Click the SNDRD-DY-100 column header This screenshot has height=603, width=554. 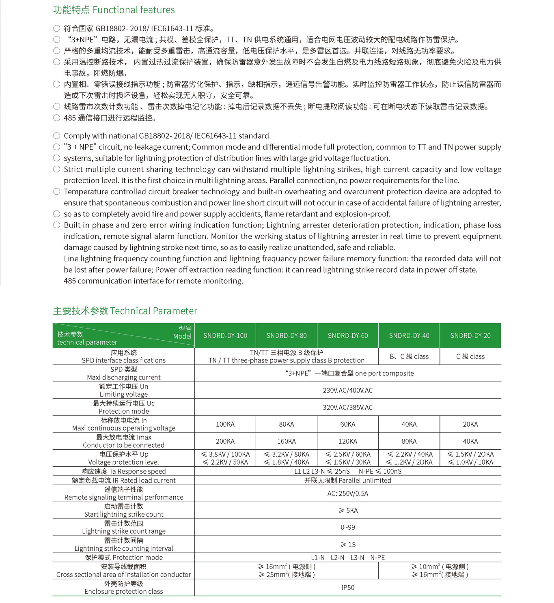point(225,335)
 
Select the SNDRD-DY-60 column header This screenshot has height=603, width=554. point(348,335)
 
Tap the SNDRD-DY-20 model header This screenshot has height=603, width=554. point(470,335)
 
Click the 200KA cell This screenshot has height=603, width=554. point(225,441)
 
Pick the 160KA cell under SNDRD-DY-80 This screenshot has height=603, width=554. point(287,441)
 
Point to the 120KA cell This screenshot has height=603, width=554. point(348,441)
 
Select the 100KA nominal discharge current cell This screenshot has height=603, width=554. point(225,424)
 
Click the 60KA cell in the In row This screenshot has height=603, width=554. point(348,424)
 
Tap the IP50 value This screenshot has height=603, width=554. point(348,587)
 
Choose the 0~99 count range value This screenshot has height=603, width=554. point(348,527)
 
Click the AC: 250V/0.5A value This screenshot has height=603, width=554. point(348,494)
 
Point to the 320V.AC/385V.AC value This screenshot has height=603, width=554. point(348,407)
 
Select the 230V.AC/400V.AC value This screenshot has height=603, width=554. point(348,390)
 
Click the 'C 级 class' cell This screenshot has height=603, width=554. point(470,356)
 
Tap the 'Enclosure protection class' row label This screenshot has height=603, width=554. point(123,591)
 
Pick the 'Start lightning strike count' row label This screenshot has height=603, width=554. point(124,514)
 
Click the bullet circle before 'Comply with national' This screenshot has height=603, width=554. point(57,136)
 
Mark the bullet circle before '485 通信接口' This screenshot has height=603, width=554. point(57,118)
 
